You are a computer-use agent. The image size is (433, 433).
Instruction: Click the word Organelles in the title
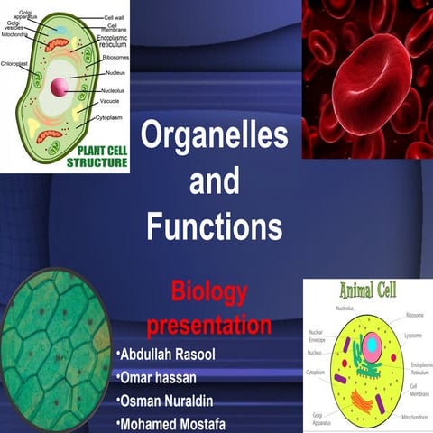tap(215, 136)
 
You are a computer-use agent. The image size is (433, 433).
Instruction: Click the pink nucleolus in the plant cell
tap(60, 88)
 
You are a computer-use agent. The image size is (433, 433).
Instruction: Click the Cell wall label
tap(114, 16)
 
